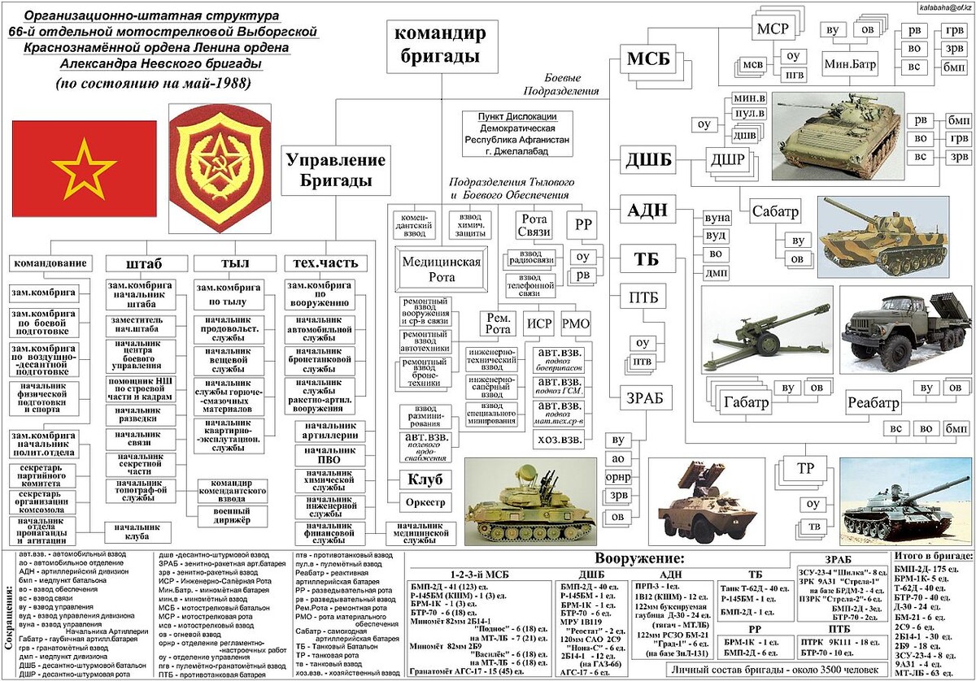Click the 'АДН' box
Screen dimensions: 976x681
(647, 211)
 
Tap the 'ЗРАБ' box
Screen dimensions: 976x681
(644, 398)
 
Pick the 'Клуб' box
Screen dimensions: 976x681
(425, 479)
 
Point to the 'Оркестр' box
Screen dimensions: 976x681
(425, 503)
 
